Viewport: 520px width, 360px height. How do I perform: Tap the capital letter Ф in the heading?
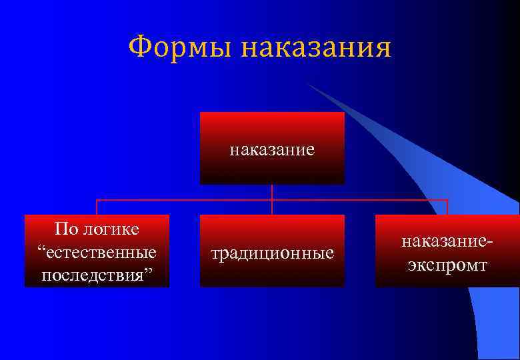139,47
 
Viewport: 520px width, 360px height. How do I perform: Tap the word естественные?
101,253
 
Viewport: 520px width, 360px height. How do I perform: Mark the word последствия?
93,275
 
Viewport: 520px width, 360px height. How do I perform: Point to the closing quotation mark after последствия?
149,273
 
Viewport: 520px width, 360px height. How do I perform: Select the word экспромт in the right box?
447,265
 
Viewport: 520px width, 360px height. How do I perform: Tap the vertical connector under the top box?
272,192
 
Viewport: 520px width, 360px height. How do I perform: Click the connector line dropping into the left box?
97,207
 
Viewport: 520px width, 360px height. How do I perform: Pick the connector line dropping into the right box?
447,207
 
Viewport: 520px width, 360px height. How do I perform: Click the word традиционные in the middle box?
272,254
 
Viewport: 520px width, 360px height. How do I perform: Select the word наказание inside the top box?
272,150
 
